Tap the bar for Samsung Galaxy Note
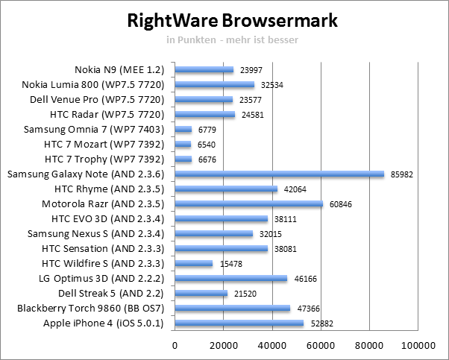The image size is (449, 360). pos(279,174)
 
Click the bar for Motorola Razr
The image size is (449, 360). pos(248,204)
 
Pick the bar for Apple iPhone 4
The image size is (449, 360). pos(239,323)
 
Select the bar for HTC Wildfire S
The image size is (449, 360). pos(193,264)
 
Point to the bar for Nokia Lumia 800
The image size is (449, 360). pos(214,85)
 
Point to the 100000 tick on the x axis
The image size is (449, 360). pos(418,345)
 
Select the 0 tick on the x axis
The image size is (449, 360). pos(175,345)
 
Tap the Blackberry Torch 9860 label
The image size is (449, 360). pos(104,309)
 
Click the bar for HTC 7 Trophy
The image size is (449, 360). pos(183,160)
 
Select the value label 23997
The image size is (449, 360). pos(251,70)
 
